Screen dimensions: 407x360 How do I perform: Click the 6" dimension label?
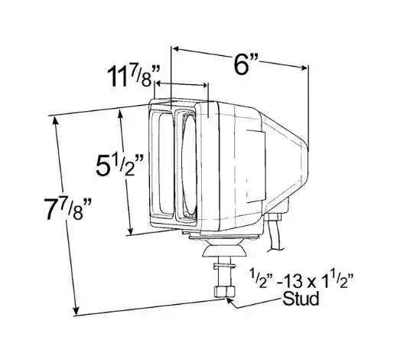point(246,64)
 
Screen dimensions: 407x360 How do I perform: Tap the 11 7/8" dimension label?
point(133,76)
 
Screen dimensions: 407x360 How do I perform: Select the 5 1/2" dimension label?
point(119,165)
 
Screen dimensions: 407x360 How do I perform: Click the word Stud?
point(301,299)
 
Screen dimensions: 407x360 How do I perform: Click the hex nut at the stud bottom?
point(224,292)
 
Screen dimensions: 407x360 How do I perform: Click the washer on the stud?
point(224,266)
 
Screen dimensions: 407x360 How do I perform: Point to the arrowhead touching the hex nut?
point(230,302)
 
